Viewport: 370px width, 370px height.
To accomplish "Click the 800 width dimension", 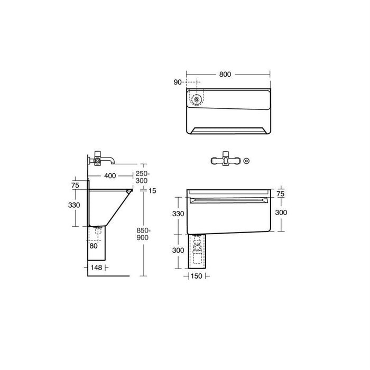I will (225, 75).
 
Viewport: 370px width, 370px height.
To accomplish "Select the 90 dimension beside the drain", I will (177, 82).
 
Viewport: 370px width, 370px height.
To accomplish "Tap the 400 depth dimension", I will (110, 175).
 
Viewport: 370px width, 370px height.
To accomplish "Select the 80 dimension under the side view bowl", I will (93, 245).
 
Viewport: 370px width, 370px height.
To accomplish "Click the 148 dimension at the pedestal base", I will (96, 268).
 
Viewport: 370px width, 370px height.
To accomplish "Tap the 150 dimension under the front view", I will (196, 275).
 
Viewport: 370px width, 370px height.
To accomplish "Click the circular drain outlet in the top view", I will (196, 98).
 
